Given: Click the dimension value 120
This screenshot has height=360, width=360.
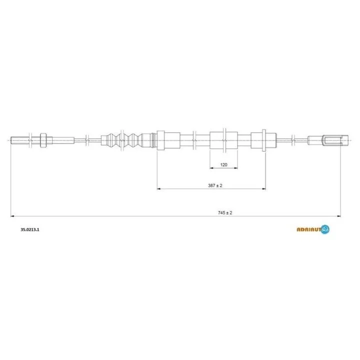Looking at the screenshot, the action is tap(223, 164).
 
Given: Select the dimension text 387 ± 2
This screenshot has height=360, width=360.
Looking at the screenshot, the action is tap(215, 185).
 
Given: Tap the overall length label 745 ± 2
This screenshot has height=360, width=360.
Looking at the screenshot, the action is tap(225, 213).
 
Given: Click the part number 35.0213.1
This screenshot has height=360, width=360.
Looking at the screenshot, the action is tap(30, 229).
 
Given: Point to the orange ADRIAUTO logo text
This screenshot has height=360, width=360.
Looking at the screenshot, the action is tap(309, 229).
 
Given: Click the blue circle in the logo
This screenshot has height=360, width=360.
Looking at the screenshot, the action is tap(325, 229).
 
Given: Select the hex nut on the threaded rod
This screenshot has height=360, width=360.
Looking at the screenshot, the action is tap(43, 140).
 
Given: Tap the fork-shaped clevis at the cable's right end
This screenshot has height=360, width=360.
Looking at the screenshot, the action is tap(335, 140).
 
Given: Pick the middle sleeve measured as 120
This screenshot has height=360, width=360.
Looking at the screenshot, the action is tap(223, 140).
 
